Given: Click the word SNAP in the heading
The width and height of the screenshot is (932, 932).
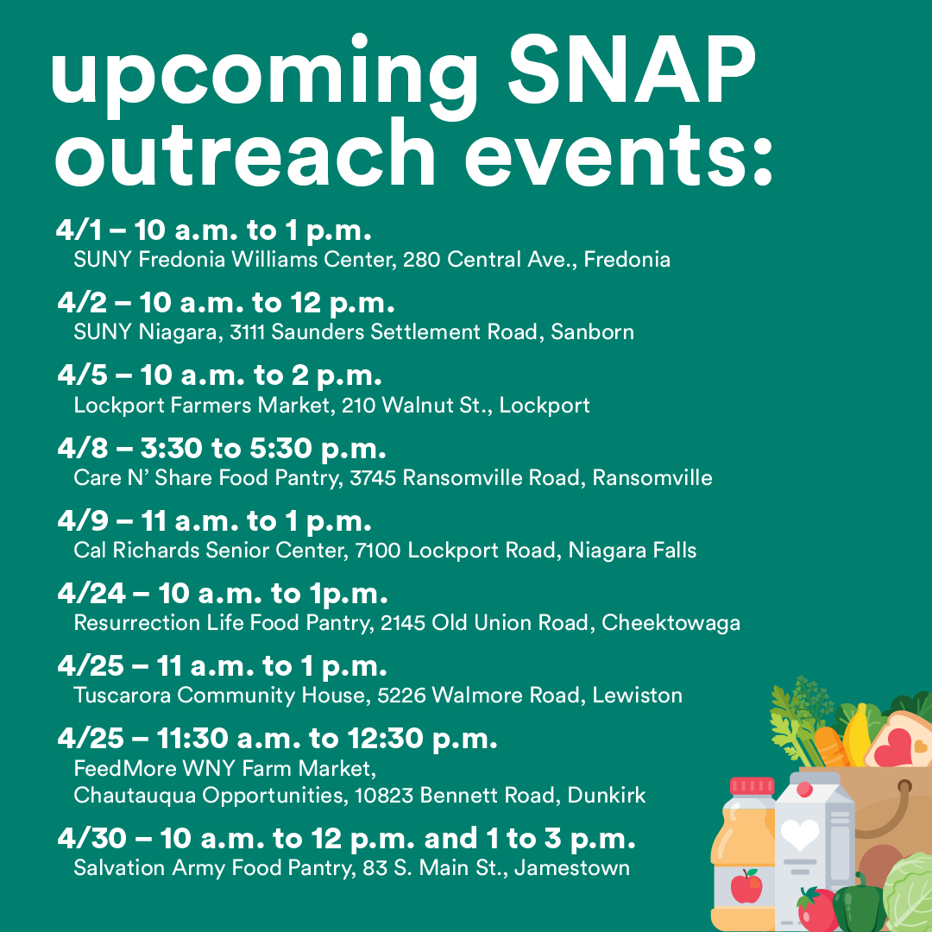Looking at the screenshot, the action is [632, 70].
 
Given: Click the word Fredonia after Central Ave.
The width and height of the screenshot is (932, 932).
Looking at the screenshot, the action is [627, 259].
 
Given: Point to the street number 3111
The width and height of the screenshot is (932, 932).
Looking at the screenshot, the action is [248, 331].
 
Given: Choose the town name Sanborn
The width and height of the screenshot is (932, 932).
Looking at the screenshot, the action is [592, 331].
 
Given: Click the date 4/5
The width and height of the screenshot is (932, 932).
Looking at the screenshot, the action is [82, 375].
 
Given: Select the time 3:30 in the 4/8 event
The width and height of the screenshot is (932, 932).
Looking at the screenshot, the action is [171, 448].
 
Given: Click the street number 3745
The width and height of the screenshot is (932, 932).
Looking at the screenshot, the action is [373, 478].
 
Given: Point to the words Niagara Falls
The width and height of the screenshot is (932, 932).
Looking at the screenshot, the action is [632, 551].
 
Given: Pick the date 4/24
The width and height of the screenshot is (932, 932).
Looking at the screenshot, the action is [91, 593].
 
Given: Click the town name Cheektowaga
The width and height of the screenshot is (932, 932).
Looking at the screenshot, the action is [671, 623].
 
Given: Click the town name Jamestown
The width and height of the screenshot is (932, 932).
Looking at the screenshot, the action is [572, 868].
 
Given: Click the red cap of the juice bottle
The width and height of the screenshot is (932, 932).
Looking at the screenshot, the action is [752, 786].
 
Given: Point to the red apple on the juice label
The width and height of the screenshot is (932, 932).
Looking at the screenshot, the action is [746, 886].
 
